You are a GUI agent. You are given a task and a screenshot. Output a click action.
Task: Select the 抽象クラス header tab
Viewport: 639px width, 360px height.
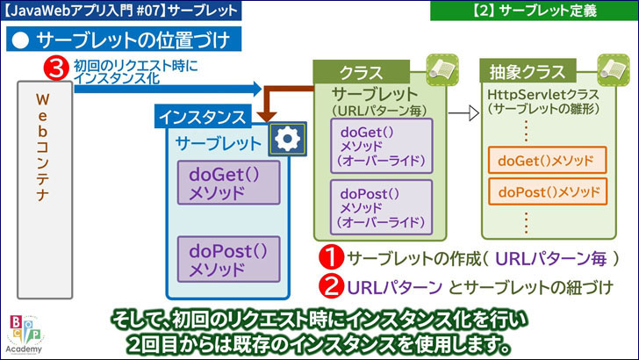pyautogui.click(x=521, y=70)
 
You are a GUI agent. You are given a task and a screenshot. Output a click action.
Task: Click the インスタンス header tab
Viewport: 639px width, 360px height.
pyautogui.click(x=204, y=115)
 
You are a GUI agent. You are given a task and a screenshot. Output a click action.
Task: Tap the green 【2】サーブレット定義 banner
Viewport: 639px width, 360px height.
pyautogui.click(x=533, y=11)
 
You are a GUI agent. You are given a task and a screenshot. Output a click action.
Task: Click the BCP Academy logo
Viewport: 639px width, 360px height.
pyautogui.click(x=24, y=333)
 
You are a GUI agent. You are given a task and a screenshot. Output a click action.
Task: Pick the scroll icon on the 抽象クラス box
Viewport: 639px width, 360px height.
pyautogui.click(x=609, y=67)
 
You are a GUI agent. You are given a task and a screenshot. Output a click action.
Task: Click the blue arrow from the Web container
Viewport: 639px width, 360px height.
pyautogui.click(x=167, y=88)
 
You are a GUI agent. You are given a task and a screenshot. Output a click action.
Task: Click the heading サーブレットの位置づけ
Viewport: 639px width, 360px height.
pyautogui.click(x=123, y=40)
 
